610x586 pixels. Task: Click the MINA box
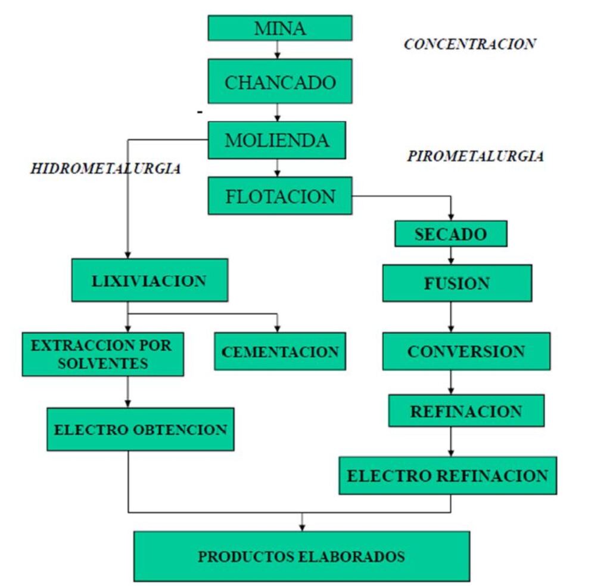pyautogui.click(x=279, y=28)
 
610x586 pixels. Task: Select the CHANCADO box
pyautogui.click(x=279, y=81)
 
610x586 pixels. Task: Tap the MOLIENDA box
pyautogui.click(x=276, y=140)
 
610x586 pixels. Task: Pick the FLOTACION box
pyautogui.click(x=279, y=196)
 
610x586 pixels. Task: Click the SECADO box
pyautogui.click(x=450, y=234)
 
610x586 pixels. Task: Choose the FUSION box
pyautogui.click(x=457, y=283)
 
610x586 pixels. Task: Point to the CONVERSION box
pyautogui.click(x=466, y=351)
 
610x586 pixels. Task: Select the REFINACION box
pyautogui.click(x=466, y=411)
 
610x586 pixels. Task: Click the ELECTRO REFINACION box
pyautogui.click(x=447, y=476)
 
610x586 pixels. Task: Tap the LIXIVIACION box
pyautogui.click(x=149, y=280)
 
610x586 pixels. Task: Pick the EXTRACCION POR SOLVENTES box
pyautogui.click(x=102, y=354)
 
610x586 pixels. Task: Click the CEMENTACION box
pyautogui.click(x=279, y=351)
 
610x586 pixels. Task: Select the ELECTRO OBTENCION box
pyautogui.click(x=140, y=429)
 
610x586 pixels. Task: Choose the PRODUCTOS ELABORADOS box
pyautogui.click(x=301, y=556)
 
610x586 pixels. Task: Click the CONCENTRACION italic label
pyautogui.click(x=469, y=44)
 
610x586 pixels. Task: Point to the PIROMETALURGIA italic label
pyautogui.click(x=475, y=156)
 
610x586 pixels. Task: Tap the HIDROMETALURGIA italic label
pyautogui.click(x=105, y=169)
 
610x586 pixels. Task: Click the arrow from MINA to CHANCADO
pyautogui.click(x=278, y=50)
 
